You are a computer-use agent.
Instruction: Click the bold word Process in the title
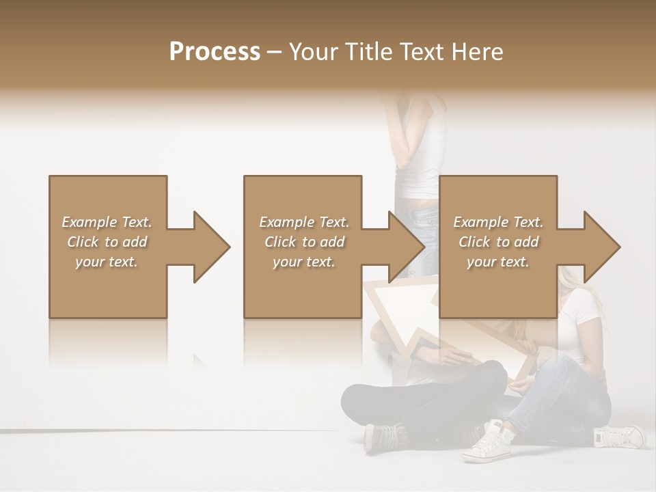tap(215, 52)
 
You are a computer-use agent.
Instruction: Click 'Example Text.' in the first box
tap(107, 222)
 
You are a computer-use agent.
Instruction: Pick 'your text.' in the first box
tap(107, 262)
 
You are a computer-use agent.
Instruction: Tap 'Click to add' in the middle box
tap(304, 242)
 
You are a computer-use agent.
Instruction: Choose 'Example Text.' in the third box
tap(498, 222)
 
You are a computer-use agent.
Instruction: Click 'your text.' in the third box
tap(498, 262)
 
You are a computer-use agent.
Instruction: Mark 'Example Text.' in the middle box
tap(304, 222)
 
